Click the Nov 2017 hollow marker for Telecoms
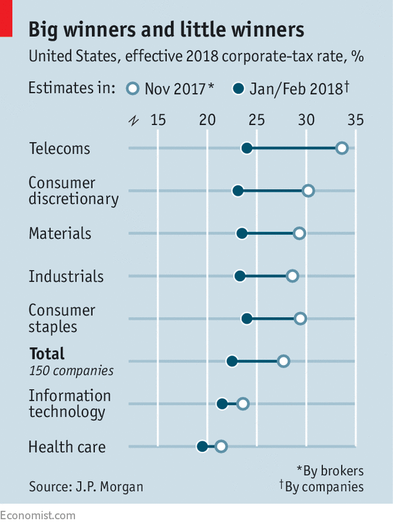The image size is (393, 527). (x=342, y=148)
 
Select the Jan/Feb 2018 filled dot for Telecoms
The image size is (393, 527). (x=246, y=148)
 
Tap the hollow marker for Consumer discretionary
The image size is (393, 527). (x=308, y=190)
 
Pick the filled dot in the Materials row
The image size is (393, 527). (x=242, y=233)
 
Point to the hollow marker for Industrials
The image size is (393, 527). (x=292, y=276)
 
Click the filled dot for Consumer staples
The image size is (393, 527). (x=246, y=318)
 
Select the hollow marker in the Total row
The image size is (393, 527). (x=283, y=361)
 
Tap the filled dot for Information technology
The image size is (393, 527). (x=222, y=403)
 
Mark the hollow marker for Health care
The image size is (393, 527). (x=221, y=446)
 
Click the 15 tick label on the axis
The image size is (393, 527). (x=157, y=120)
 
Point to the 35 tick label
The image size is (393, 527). (x=355, y=120)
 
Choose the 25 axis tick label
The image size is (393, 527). (x=256, y=120)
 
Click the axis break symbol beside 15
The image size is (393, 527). (x=134, y=120)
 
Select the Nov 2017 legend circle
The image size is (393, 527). (x=134, y=89)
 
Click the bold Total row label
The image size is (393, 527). (x=47, y=353)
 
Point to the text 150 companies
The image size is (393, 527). (x=71, y=371)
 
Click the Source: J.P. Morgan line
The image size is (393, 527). (x=86, y=486)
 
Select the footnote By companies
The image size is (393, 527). (x=321, y=486)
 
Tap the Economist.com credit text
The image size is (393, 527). (x=37, y=515)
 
